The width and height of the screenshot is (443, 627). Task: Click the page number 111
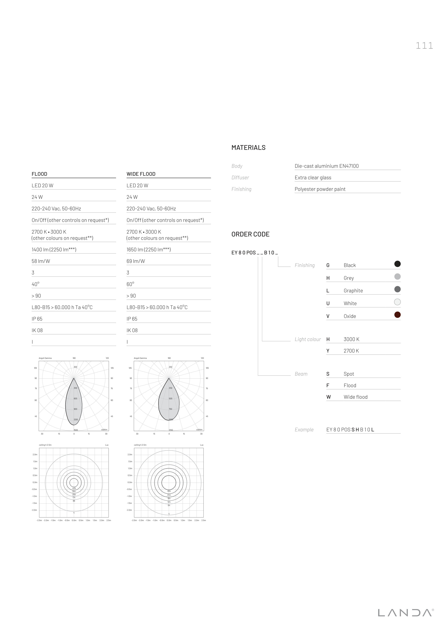pyautogui.click(x=424, y=46)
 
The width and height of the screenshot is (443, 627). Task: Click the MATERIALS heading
pyautogui.click(x=248, y=148)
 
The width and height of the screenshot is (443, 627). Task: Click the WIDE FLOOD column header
pyautogui.click(x=141, y=174)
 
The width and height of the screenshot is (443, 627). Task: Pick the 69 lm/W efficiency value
pyautogui.click(x=136, y=261)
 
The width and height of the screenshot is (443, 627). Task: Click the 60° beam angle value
pyautogui.click(x=130, y=284)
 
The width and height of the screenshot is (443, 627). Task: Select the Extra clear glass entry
pyautogui.click(x=313, y=178)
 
